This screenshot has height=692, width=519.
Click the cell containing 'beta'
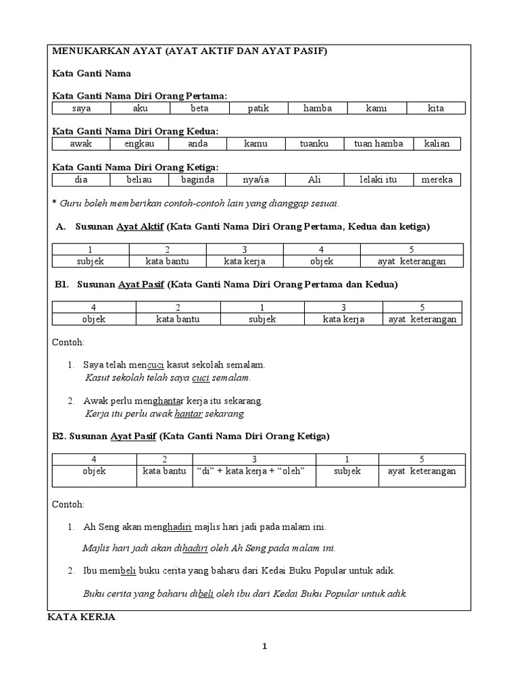tap(199, 108)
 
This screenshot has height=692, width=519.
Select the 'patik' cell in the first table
tap(258, 108)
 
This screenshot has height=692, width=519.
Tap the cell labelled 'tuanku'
tap(314, 144)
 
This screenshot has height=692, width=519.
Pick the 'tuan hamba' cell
tap(378, 144)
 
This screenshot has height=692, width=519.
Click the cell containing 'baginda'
tap(197, 180)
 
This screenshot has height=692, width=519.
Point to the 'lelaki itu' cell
tap(376, 180)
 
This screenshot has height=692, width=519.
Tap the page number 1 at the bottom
tap(265, 646)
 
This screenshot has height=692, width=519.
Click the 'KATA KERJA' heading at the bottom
tap(81, 617)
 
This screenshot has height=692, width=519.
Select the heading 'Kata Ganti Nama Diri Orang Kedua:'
tap(135, 130)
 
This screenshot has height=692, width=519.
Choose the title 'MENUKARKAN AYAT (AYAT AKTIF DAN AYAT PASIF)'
tap(189, 52)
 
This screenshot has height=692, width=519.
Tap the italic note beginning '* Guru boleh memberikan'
tap(196, 203)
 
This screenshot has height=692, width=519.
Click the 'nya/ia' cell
tap(256, 180)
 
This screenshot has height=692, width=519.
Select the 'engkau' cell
tap(139, 144)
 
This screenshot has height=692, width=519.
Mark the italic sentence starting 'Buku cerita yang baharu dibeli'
tap(244, 594)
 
